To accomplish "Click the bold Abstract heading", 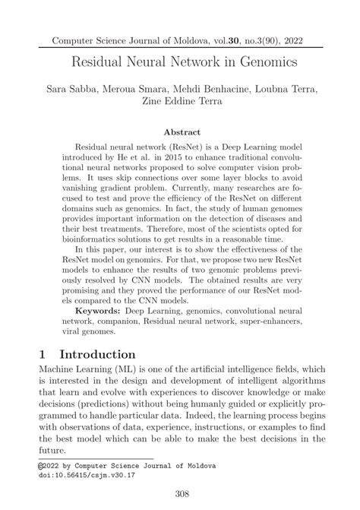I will pyautogui.click(x=180, y=131).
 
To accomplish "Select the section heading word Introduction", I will pyautogui.click(x=98, y=355).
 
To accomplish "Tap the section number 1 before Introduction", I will pyautogui.click(x=43, y=355).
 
